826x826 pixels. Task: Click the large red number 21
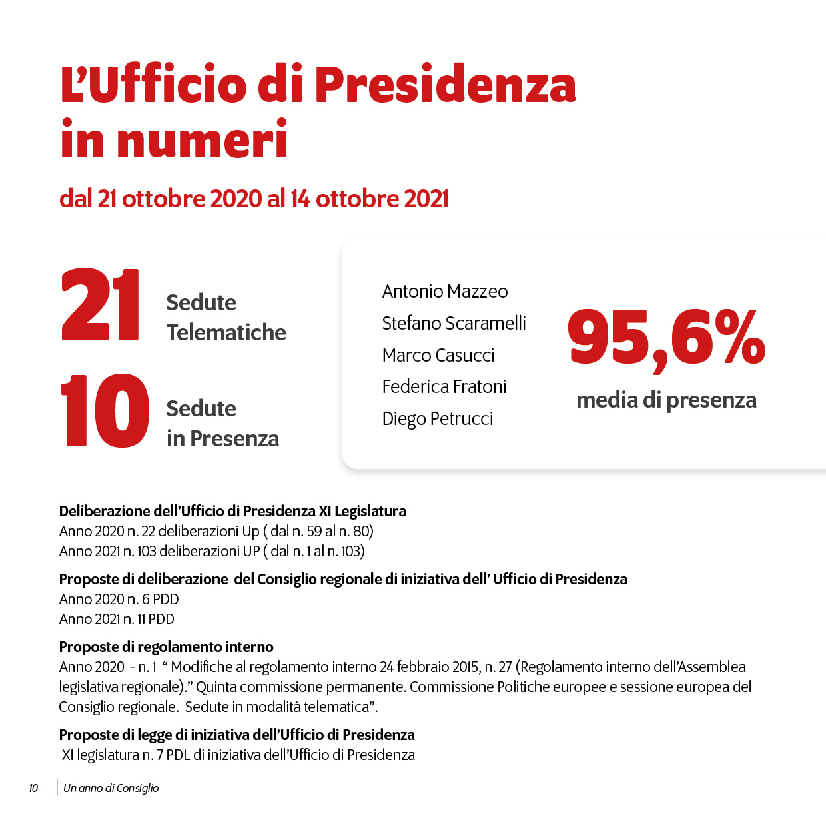point(100,304)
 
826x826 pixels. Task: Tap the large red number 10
point(105,410)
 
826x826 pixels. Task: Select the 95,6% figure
point(666,338)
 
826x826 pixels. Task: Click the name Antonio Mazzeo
point(444,292)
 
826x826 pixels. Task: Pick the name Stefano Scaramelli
point(454,324)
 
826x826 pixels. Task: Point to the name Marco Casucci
point(438,356)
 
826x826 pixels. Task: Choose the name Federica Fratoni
point(444,387)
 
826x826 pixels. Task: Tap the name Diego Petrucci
point(437,419)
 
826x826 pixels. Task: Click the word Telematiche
point(226,332)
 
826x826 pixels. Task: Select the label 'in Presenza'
point(222,438)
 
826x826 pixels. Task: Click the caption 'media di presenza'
point(666,400)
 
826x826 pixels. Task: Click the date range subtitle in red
point(254,199)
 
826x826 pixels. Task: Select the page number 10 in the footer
point(33,789)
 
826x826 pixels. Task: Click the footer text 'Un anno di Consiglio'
point(111,789)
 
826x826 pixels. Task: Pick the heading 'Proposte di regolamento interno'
point(166,647)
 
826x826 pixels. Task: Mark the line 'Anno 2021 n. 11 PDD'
point(117,619)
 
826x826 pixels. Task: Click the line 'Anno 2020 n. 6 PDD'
point(119,600)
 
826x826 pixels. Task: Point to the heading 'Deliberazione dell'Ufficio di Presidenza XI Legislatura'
point(232,511)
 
